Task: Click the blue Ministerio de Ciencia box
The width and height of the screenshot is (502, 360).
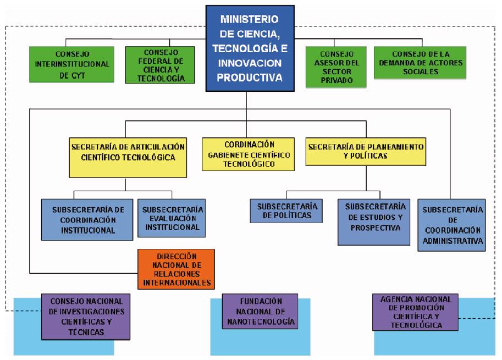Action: point(250,48)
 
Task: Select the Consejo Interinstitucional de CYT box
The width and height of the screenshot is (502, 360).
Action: point(71,64)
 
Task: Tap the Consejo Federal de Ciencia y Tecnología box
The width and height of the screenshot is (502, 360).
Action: point(160,65)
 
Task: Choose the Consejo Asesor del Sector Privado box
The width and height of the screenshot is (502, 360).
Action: point(336,67)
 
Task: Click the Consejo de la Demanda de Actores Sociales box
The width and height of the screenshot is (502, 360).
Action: point(420,63)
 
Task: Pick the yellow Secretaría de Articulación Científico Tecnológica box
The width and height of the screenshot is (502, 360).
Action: point(128,157)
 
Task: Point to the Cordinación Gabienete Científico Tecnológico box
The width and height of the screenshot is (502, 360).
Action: point(249,154)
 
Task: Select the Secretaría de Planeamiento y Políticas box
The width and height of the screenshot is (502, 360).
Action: point(366,152)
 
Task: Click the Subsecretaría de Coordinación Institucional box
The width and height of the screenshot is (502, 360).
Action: point(87,220)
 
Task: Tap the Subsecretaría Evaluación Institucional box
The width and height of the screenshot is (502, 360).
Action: point(172,218)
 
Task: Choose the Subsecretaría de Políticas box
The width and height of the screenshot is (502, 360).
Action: point(286,211)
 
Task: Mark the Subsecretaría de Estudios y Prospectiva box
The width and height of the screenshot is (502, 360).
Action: point(374,222)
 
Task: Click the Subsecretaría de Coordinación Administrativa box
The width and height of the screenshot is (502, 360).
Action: point(452,225)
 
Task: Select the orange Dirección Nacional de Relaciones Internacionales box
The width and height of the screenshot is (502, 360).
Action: point(176,269)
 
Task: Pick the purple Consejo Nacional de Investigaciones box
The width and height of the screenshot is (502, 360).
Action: point(86,317)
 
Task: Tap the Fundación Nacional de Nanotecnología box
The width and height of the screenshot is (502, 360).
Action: point(260,312)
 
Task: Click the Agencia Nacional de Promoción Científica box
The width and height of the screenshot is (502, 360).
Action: point(415,312)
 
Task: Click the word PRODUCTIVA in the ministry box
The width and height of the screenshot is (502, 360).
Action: point(250,77)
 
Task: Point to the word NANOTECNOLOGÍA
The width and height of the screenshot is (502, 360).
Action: point(261,322)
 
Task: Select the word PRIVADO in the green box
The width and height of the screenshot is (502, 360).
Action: point(337,80)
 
